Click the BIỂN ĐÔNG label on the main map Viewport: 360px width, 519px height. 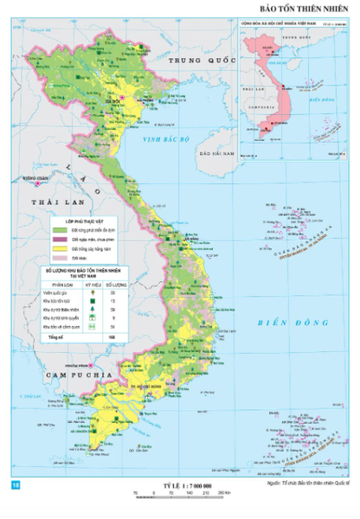coord(279,323)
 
